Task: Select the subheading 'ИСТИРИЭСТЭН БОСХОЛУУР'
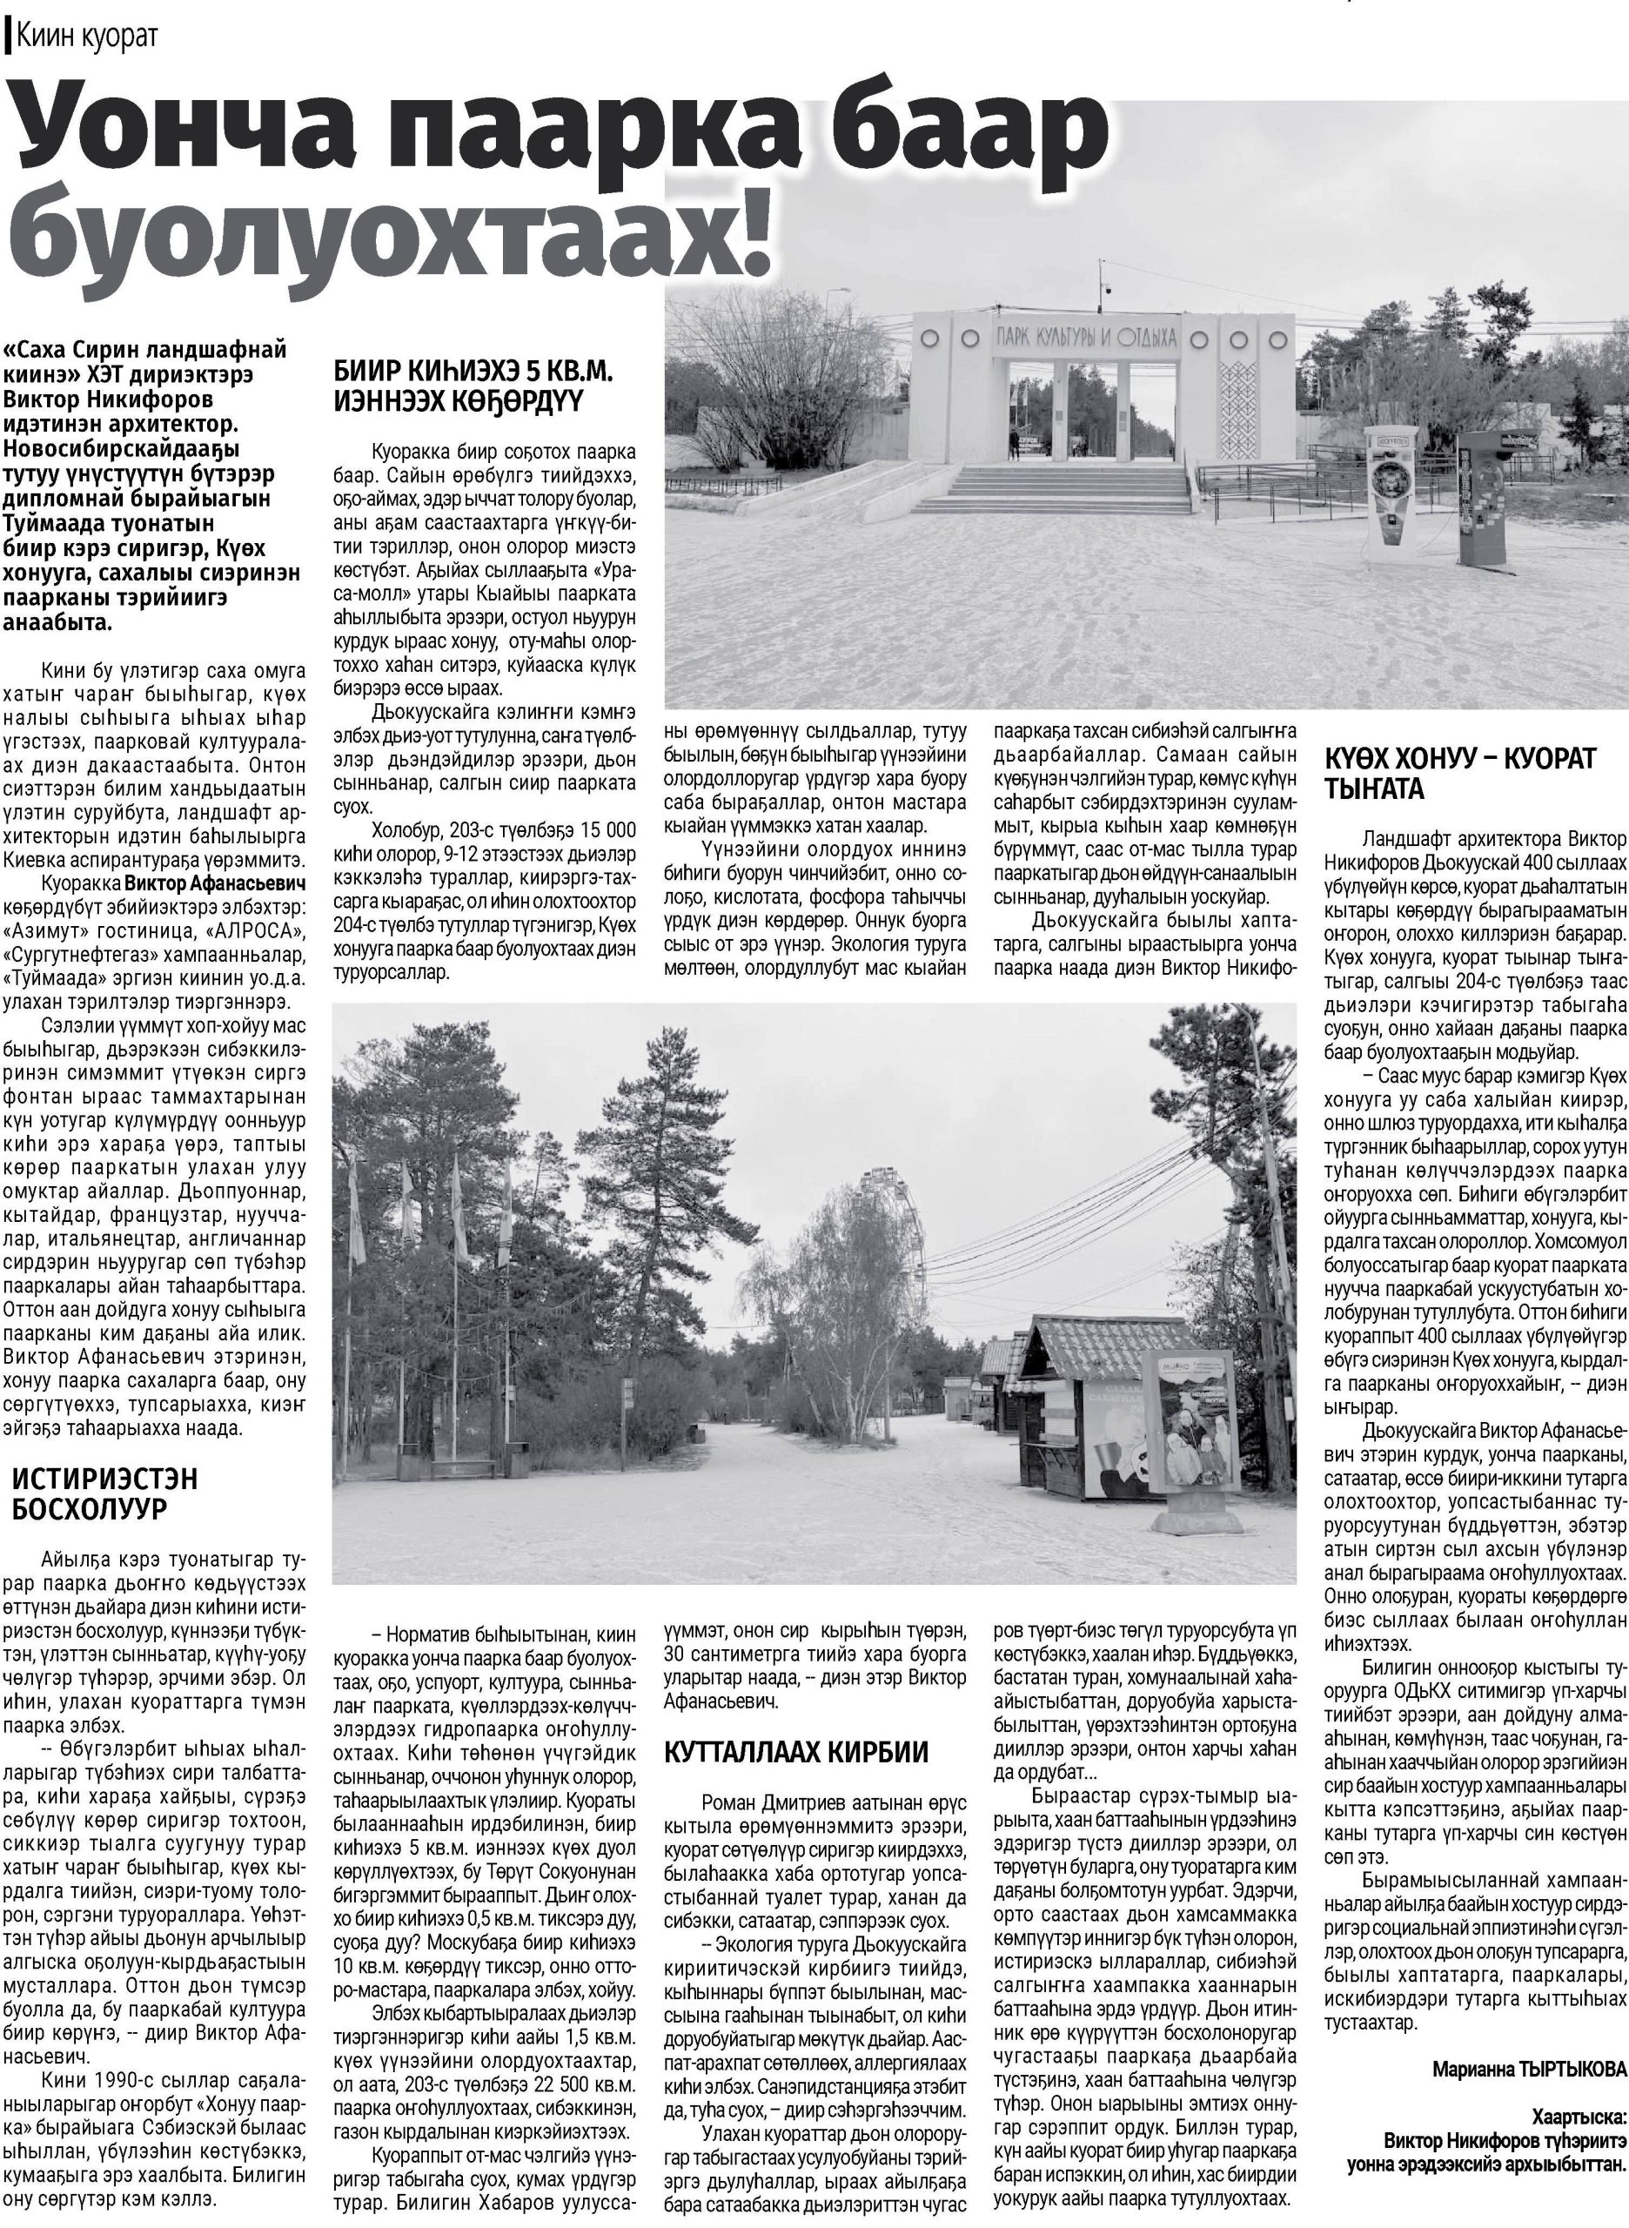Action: coord(104,1493)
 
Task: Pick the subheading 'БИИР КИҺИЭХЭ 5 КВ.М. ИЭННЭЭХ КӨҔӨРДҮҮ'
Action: coord(473,386)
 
